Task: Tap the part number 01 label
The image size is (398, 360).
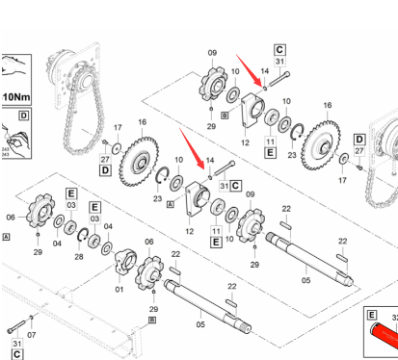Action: [119, 289]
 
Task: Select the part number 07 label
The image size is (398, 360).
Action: [33, 335]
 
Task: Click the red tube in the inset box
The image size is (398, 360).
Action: [384, 337]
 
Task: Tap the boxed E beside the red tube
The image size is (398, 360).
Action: [370, 316]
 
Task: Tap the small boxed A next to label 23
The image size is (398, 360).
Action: [171, 205]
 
